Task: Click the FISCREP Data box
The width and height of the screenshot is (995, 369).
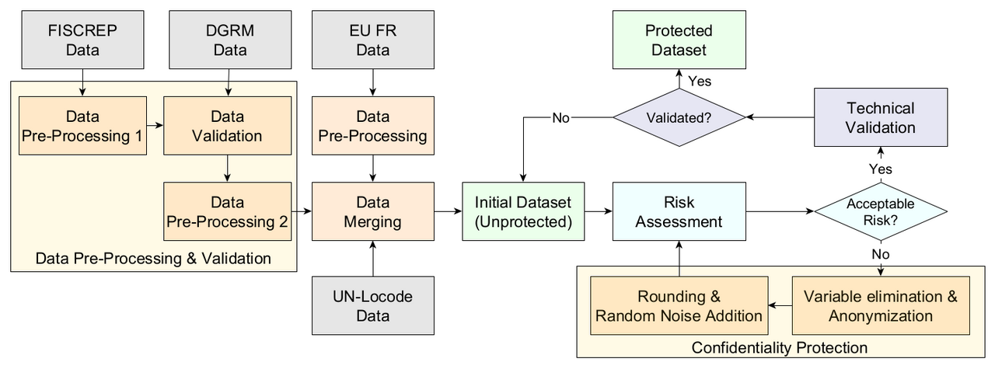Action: tap(82, 40)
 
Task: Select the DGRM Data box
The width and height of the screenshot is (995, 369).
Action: tap(227, 40)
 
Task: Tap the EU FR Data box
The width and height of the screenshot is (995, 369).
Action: tap(372, 40)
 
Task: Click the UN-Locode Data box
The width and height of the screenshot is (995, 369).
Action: tap(372, 305)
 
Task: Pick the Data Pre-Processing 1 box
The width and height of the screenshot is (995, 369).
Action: tap(82, 126)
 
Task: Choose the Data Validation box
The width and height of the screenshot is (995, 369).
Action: tap(227, 126)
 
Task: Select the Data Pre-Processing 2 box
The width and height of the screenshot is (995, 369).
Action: tap(227, 211)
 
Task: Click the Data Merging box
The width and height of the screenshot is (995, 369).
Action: tap(372, 211)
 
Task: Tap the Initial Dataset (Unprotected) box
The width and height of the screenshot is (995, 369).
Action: tap(523, 211)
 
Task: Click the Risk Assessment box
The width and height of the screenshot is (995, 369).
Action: tap(679, 211)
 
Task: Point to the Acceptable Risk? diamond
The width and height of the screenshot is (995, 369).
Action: tap(881, 211)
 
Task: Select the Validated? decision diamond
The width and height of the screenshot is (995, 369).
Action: tap(679, 118)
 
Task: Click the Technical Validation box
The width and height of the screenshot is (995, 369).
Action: tap(881, 117)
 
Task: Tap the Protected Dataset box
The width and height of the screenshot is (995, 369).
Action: tap(679, 40)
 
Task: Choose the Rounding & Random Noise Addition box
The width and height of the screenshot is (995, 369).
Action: tap(679, 306)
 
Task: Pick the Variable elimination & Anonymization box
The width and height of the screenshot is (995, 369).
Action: tap(881, 306)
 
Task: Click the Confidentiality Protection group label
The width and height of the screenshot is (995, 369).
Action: tap(780, 347)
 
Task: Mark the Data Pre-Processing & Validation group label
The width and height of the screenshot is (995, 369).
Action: tap(153, 258)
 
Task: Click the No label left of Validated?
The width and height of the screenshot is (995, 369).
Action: tap(560, 118)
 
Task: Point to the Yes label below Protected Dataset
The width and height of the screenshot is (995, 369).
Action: tap(699, 81)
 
